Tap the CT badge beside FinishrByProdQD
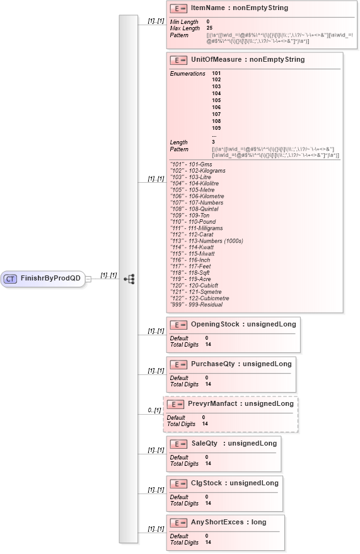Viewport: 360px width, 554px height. pos(11,278)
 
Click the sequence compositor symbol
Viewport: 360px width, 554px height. pos(129,278)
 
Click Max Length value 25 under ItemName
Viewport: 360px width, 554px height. pos(209,28)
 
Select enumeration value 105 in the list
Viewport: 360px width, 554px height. pos(216,100)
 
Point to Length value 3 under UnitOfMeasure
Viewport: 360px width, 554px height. pos(213,142)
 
